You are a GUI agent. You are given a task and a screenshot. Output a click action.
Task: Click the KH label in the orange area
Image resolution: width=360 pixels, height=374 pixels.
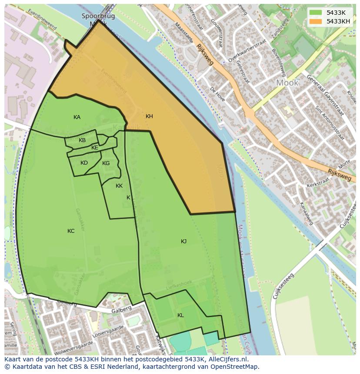[149, 116]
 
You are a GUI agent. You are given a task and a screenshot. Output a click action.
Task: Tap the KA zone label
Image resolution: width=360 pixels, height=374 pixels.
[77, 117]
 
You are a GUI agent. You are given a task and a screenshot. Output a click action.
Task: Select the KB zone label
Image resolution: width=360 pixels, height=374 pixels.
[82, 140]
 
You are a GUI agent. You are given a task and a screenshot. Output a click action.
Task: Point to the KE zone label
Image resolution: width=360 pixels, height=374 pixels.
[95, 148]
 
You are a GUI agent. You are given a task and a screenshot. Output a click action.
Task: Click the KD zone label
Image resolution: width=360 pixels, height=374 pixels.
[84, 163]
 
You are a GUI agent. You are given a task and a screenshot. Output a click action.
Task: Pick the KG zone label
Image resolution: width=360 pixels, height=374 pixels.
[106, 163]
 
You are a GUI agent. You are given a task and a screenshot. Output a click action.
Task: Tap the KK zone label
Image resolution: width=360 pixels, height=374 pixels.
[119, 186]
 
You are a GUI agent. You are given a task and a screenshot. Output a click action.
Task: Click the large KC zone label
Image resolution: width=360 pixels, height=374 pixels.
[71, 231]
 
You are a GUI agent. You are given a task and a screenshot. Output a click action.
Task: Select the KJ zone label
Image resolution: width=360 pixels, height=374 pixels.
[183, 242]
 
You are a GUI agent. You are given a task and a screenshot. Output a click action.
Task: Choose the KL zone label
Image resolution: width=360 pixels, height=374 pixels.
[180, 315]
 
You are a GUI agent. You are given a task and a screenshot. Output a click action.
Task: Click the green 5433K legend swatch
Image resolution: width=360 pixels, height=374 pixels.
[316, 13]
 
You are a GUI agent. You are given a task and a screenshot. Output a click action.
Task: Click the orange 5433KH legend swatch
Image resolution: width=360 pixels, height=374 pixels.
[316, 21]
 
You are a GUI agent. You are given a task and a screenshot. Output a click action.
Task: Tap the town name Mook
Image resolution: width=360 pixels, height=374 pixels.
[287, 83]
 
